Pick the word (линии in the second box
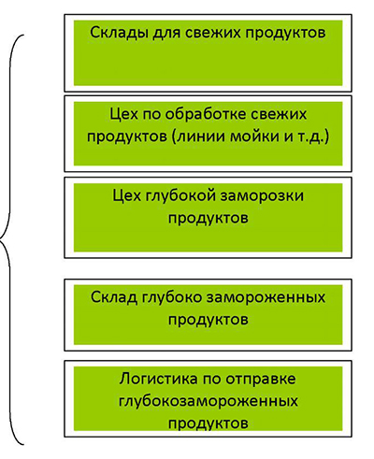198,137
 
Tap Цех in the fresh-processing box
123,114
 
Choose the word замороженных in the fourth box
266,297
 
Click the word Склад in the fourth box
114,297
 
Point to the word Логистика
158,379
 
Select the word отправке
260,380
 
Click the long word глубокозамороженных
209,401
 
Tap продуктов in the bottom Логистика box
209,423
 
